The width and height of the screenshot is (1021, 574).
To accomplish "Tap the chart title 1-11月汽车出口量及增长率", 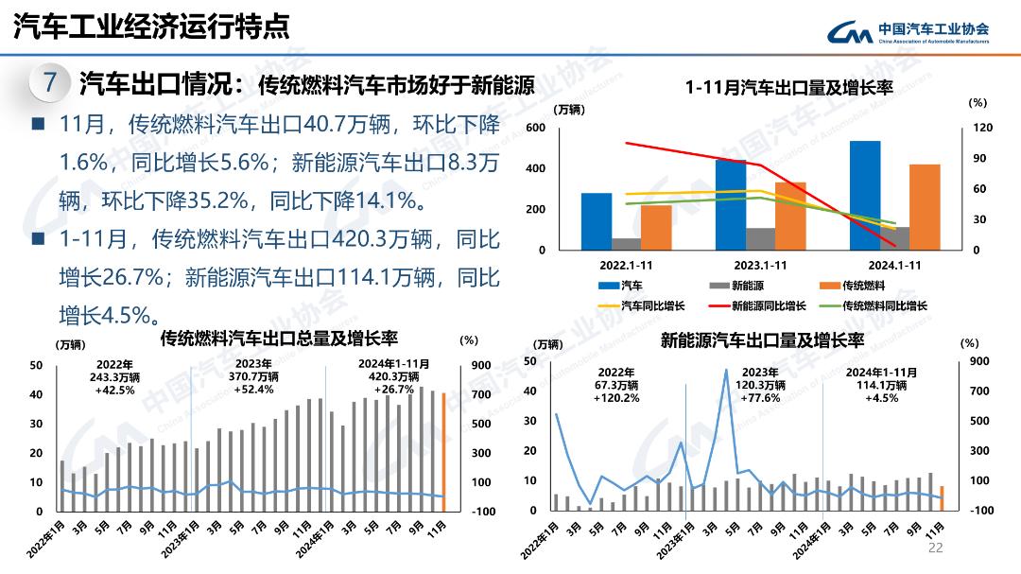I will coord(789,88).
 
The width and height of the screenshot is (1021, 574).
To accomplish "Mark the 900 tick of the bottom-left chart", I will coord(481,365).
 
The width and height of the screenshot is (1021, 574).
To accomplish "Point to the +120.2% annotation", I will coord(616,398).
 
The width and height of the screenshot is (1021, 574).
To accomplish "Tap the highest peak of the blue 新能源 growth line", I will coord(726,370).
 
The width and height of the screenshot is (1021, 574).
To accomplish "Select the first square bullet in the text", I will coord(38,124).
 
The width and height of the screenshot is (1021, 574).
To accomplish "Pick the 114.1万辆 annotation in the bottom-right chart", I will coord(881,385).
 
